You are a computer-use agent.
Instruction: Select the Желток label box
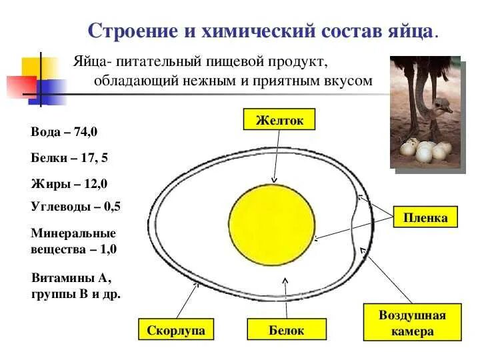coord(279,120)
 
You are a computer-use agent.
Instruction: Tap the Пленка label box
coord(425,217)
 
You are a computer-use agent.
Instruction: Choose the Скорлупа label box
coord(175,330)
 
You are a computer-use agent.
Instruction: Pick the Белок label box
coord(287,330)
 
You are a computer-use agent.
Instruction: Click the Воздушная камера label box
coord(412,323)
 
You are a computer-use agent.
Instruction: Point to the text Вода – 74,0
coord(64,132)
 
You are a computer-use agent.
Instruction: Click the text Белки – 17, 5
coord(69,158)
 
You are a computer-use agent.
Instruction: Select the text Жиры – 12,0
coord(69,183)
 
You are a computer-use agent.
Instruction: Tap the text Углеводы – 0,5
coord(75,206)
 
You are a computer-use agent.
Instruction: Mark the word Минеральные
coord(73,234)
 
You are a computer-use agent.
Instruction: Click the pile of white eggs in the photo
coord(425,151)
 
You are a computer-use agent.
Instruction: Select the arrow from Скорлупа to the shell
coord(187,300)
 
